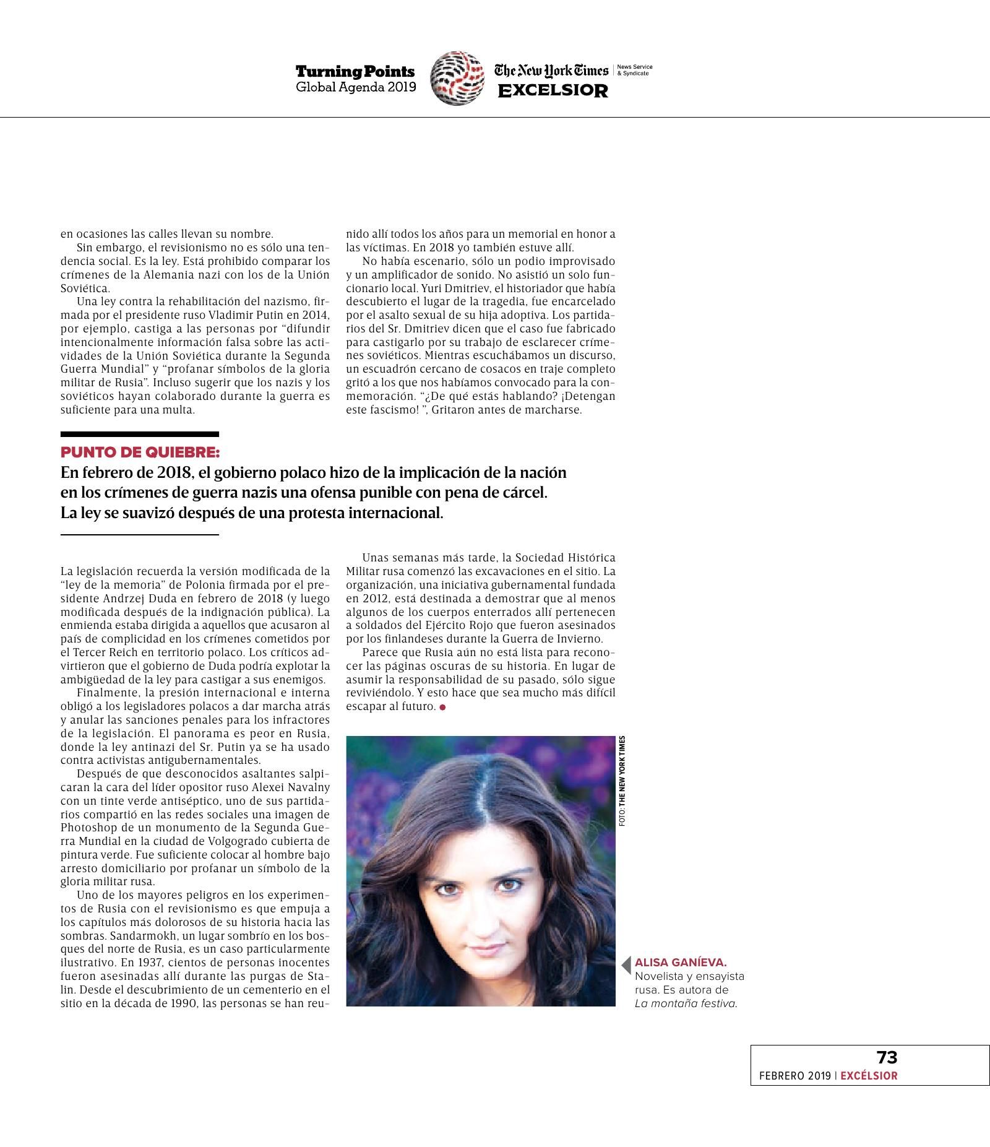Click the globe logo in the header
click(458, 78)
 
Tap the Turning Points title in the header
click(355, 72)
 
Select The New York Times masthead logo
click(551, 71)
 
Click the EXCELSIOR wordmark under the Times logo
click(553, 91)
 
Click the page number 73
click(887, 1057)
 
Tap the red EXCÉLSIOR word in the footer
click(869, 1076)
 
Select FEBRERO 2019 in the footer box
click(794, 1076)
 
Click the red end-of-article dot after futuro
click(442, 707)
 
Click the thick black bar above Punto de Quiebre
click(140, 435)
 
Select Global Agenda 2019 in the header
click(356, 87)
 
